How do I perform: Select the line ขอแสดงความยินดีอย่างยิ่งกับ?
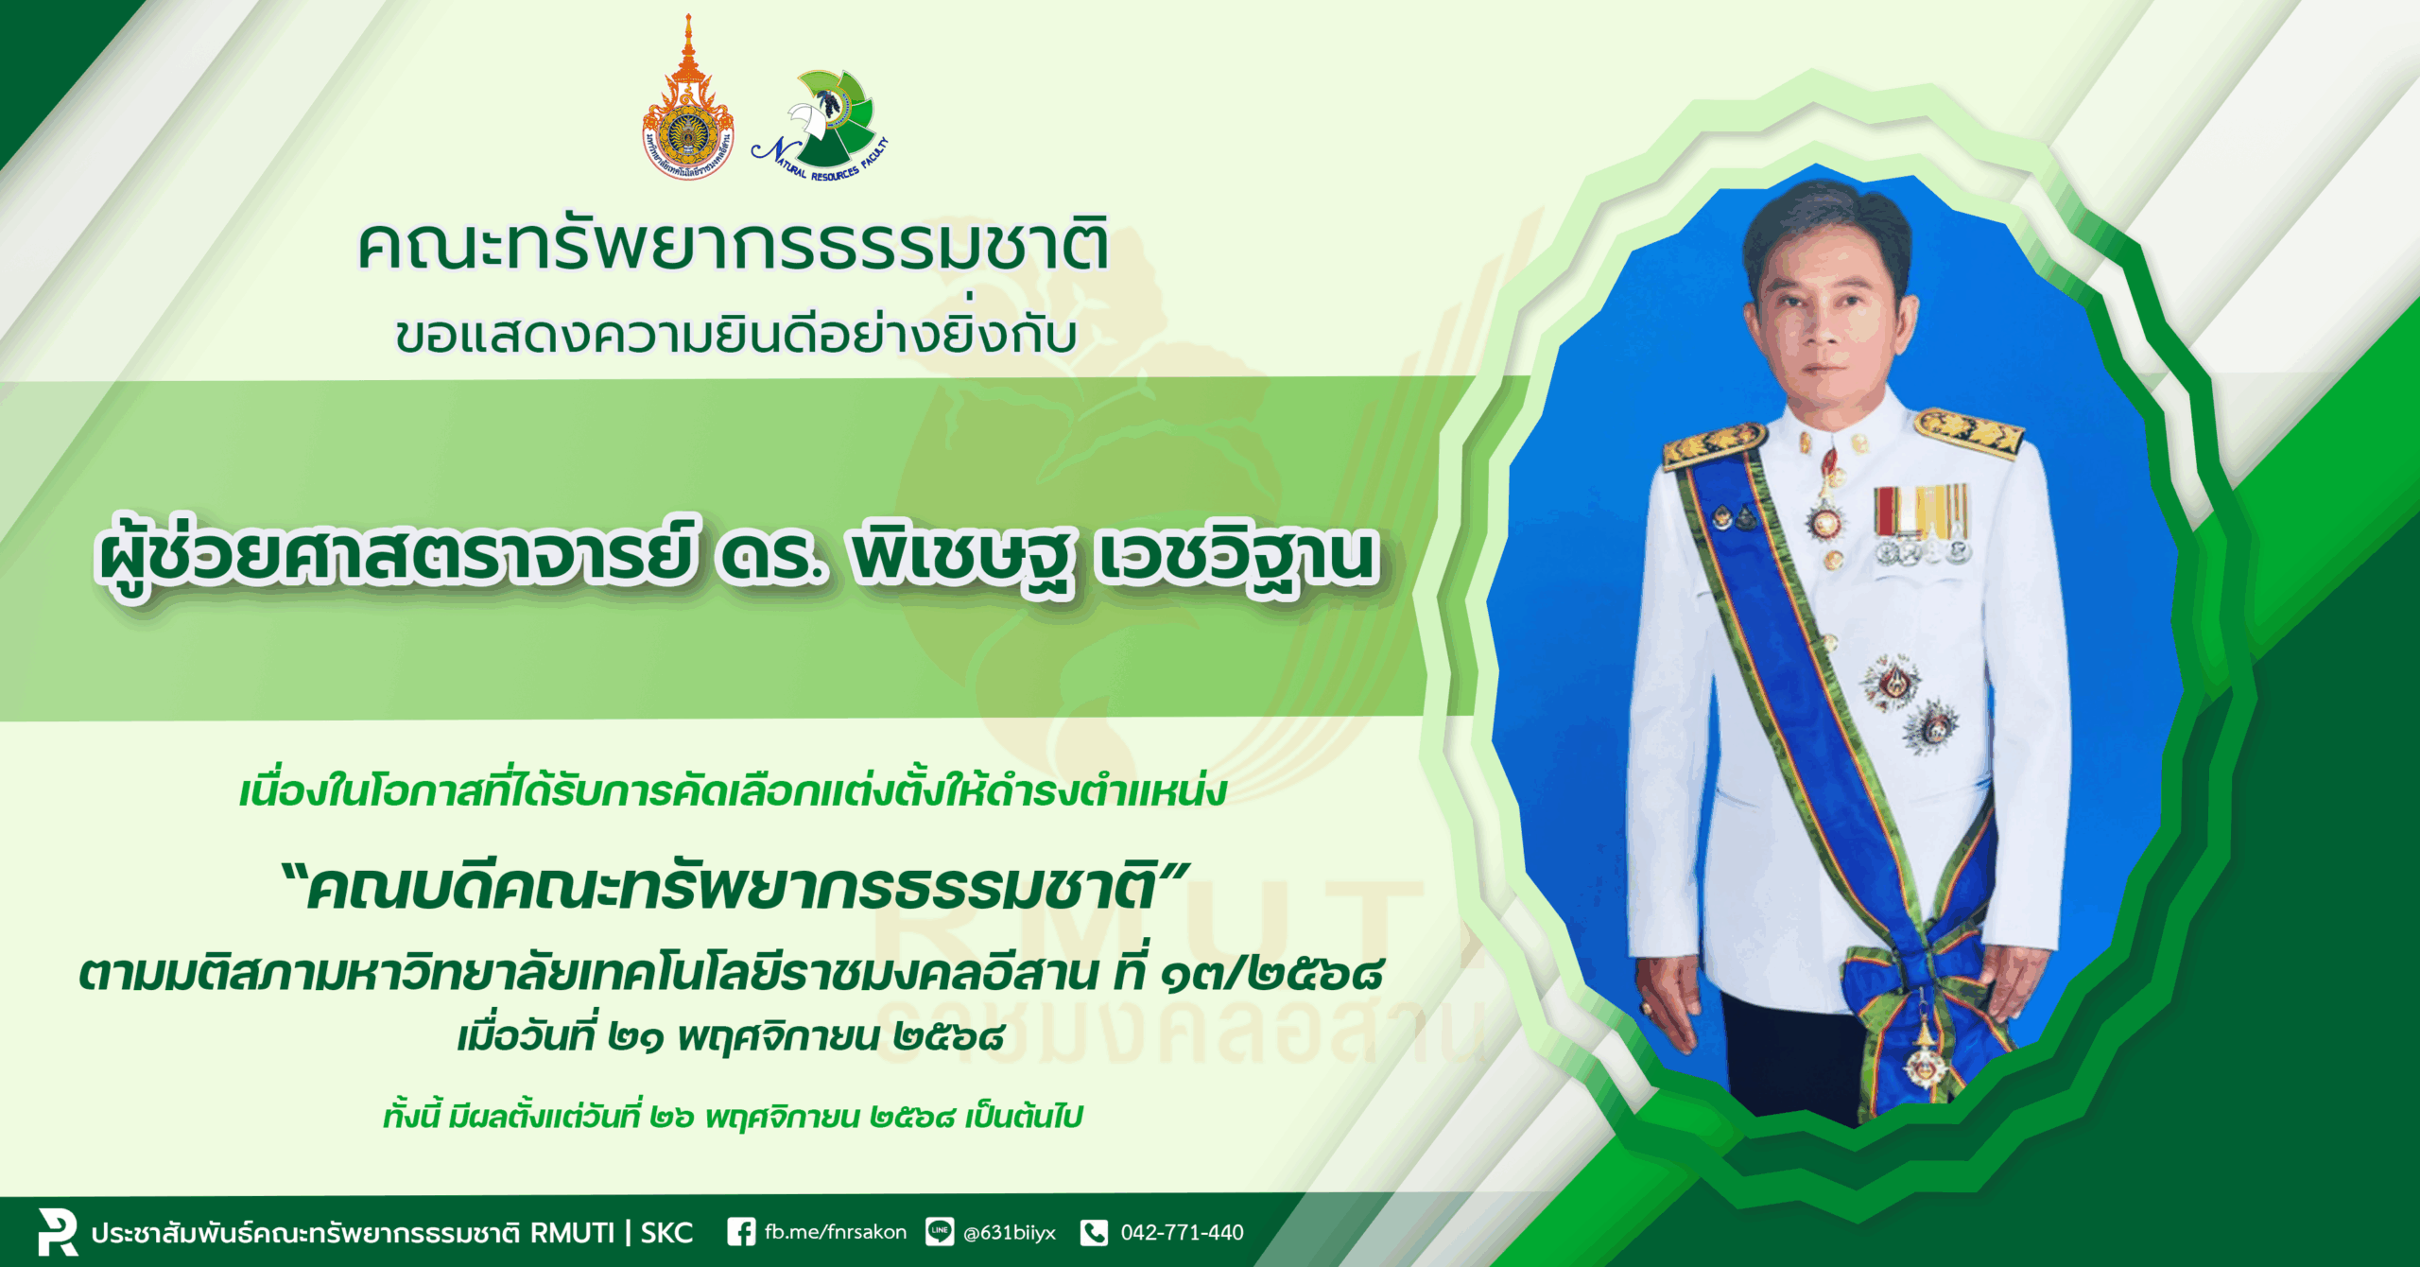736,333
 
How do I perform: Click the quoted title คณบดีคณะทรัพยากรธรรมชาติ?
733,889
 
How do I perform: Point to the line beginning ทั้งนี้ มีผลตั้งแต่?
733,1117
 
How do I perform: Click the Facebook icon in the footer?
741,1232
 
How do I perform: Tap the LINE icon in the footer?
940,1232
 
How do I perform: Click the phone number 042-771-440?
1182,1232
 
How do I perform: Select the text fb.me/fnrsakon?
836,1232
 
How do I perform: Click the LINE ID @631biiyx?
1009,1233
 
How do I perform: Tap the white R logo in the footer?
58,1231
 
